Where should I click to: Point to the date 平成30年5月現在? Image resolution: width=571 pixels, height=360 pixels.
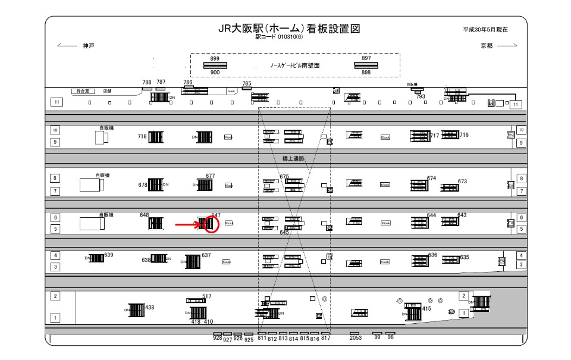click(x=489, y=29)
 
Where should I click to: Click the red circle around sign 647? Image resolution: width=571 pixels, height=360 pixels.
click(x=212, y=224)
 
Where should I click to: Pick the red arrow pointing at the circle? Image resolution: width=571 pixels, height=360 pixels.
click(x=189, y=225)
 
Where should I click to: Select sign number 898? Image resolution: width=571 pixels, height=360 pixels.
click(x=366, y=72)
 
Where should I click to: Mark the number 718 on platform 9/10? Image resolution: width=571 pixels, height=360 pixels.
click(x=142, y=136)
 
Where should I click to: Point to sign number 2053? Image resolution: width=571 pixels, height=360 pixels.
click(x=355, y=338)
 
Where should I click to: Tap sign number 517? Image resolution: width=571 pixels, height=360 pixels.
click(x=207, y=296)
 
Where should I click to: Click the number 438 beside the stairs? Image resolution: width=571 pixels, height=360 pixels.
click(x=150, y=307)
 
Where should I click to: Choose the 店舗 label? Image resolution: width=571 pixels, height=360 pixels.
click(x=107, y=91)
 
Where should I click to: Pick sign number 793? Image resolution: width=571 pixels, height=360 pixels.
click(x=421, y=96)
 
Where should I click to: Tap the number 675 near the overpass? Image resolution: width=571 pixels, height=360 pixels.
click(x=284, y=176)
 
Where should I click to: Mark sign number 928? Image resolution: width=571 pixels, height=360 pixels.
click(x=217, y=338)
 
